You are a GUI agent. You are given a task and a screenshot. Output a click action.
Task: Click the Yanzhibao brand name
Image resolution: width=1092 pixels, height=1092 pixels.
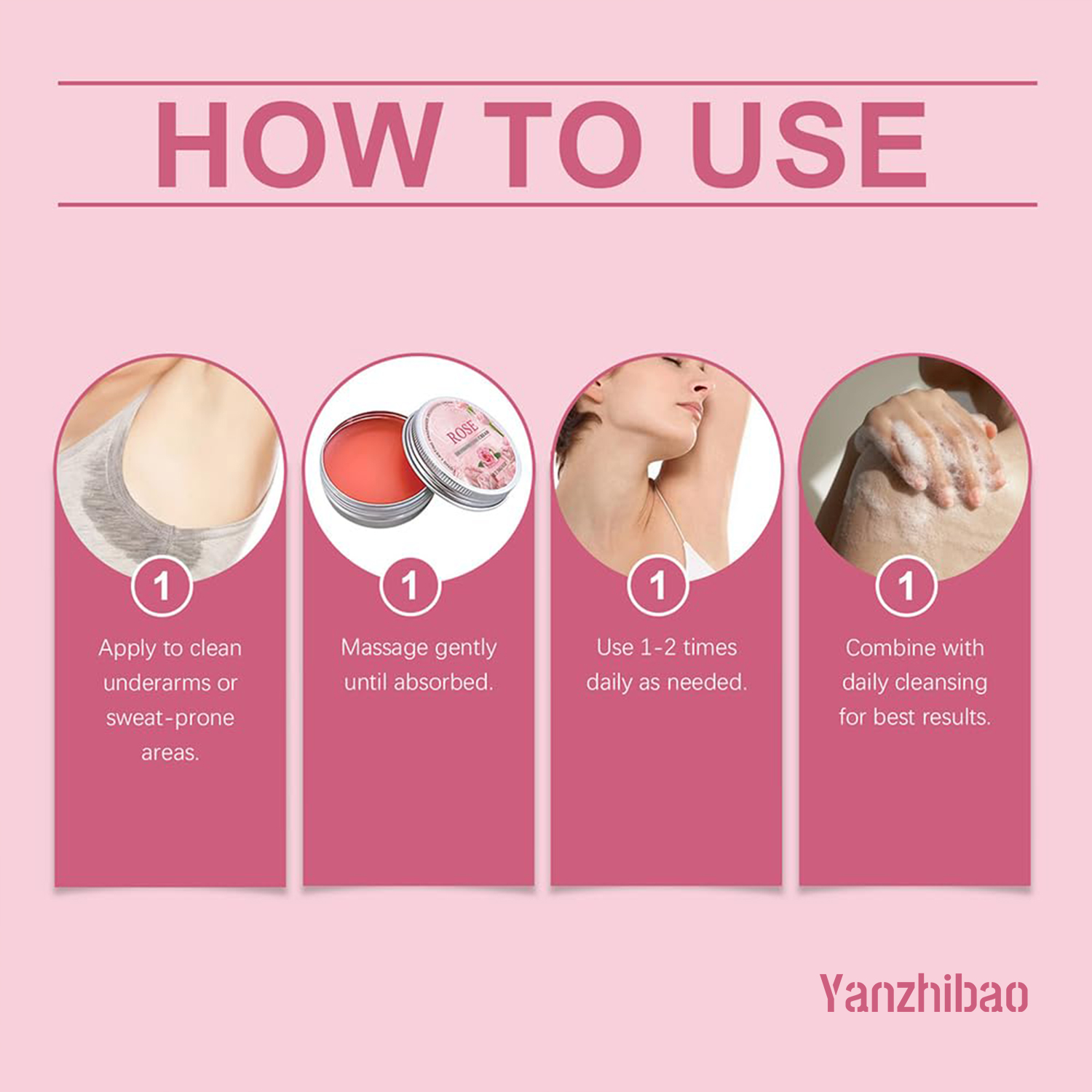coord(923,994)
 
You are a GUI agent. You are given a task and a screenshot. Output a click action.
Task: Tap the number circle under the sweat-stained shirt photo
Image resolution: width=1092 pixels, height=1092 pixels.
coord(162,586)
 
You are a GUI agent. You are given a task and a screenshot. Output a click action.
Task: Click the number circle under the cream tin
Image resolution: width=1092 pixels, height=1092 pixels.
coord(410,586)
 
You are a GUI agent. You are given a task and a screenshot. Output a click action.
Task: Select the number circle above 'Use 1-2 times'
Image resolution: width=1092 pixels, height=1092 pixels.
coord(658,586)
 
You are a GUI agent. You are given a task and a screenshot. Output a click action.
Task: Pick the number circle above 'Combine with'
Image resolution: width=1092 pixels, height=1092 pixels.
coord(906,586)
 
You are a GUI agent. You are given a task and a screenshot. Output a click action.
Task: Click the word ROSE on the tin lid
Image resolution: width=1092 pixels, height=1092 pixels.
coord(462,431)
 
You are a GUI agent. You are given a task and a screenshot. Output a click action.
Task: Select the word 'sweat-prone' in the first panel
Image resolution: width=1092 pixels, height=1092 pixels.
coord(170,719)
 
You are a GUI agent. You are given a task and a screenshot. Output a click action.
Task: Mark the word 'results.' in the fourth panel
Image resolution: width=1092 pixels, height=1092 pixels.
coord(954,718)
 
